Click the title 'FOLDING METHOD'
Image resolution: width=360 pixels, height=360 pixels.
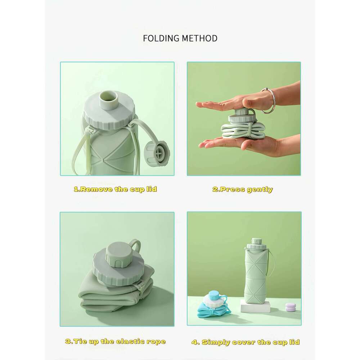[180, 38]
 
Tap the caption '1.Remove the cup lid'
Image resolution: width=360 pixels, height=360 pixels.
[115, 189]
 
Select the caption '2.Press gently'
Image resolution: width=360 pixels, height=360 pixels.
[242, 190]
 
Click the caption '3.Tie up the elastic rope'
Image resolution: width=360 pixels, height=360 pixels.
[116, 341]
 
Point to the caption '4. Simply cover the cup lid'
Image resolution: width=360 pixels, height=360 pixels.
[245, 342]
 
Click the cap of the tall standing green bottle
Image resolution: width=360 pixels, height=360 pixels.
[256, 244]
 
